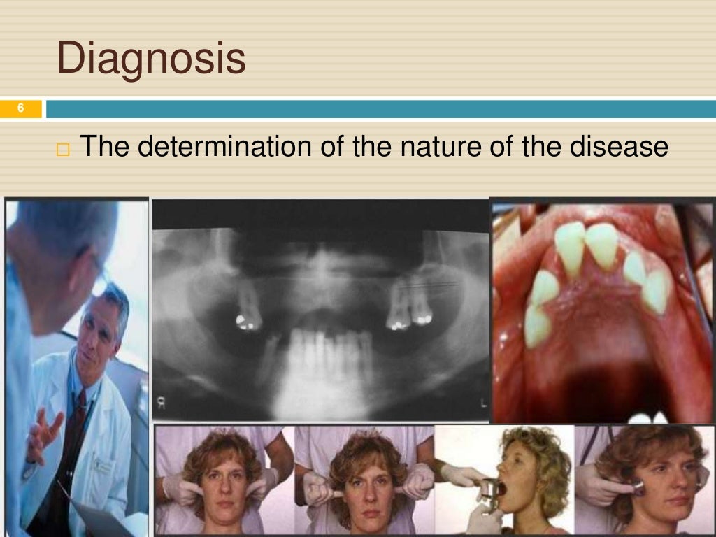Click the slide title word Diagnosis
click(x=151, y=59)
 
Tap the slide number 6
click(x=20, y=108)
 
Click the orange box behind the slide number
click(x=20, y=108)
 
